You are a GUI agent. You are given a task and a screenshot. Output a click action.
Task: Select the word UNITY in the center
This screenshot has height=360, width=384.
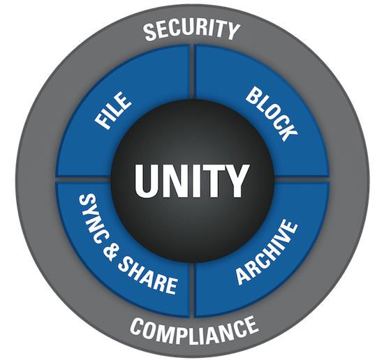[192, 181]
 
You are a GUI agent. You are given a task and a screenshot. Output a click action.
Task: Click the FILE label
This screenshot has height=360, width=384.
[113, 110]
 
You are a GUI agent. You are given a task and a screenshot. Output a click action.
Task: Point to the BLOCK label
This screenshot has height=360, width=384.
[272, 114]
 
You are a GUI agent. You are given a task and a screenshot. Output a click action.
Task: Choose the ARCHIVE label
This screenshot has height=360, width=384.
[267, 252]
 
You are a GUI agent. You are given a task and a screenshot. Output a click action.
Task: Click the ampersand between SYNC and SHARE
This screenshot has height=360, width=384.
[110, 251]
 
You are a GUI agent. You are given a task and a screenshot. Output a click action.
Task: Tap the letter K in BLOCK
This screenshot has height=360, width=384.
[288, 132]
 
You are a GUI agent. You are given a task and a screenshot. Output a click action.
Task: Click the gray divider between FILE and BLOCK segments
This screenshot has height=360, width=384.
[192, 71]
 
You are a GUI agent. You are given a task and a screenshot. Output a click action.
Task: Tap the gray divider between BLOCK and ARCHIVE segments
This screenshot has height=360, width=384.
[302, 179]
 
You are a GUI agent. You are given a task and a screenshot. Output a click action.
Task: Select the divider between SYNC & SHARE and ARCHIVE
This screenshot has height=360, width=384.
[192, 290]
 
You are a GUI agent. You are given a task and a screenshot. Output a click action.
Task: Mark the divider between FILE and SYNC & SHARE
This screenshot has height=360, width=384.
[83, 179]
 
